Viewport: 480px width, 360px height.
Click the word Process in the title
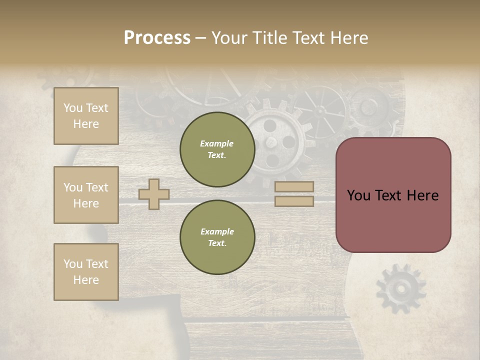(x=157, y=38)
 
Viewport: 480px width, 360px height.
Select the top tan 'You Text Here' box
(x=86, y=116)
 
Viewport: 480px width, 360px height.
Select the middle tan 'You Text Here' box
(x=86, y=195)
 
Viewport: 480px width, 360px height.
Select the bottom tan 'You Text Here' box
(x=86, y=272)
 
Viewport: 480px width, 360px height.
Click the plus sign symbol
(x=154, y=194)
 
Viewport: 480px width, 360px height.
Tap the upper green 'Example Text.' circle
(x=217, y=149)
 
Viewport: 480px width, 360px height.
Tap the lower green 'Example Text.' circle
(x=217, y=237)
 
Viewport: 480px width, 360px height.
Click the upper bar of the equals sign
(x=294, y=187)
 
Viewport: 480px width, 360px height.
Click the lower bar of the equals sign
(x=294, y=201)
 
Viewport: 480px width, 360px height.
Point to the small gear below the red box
(x=400, y=288)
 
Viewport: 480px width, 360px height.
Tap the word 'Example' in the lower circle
(x=217, y=231)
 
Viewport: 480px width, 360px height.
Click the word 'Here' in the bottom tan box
(x=86, y=280)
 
